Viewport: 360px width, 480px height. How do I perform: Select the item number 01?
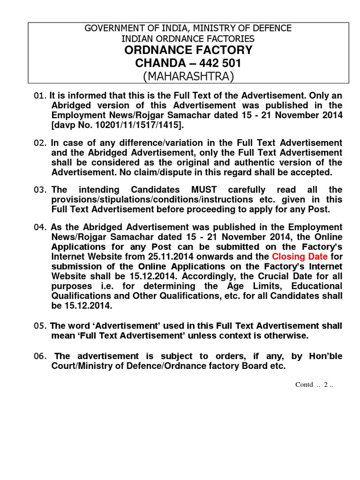point(40,96)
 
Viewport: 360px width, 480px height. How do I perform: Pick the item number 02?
point(40,143)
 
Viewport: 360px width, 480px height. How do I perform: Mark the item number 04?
point(40,227)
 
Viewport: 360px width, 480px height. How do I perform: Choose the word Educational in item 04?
point(315,285)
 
